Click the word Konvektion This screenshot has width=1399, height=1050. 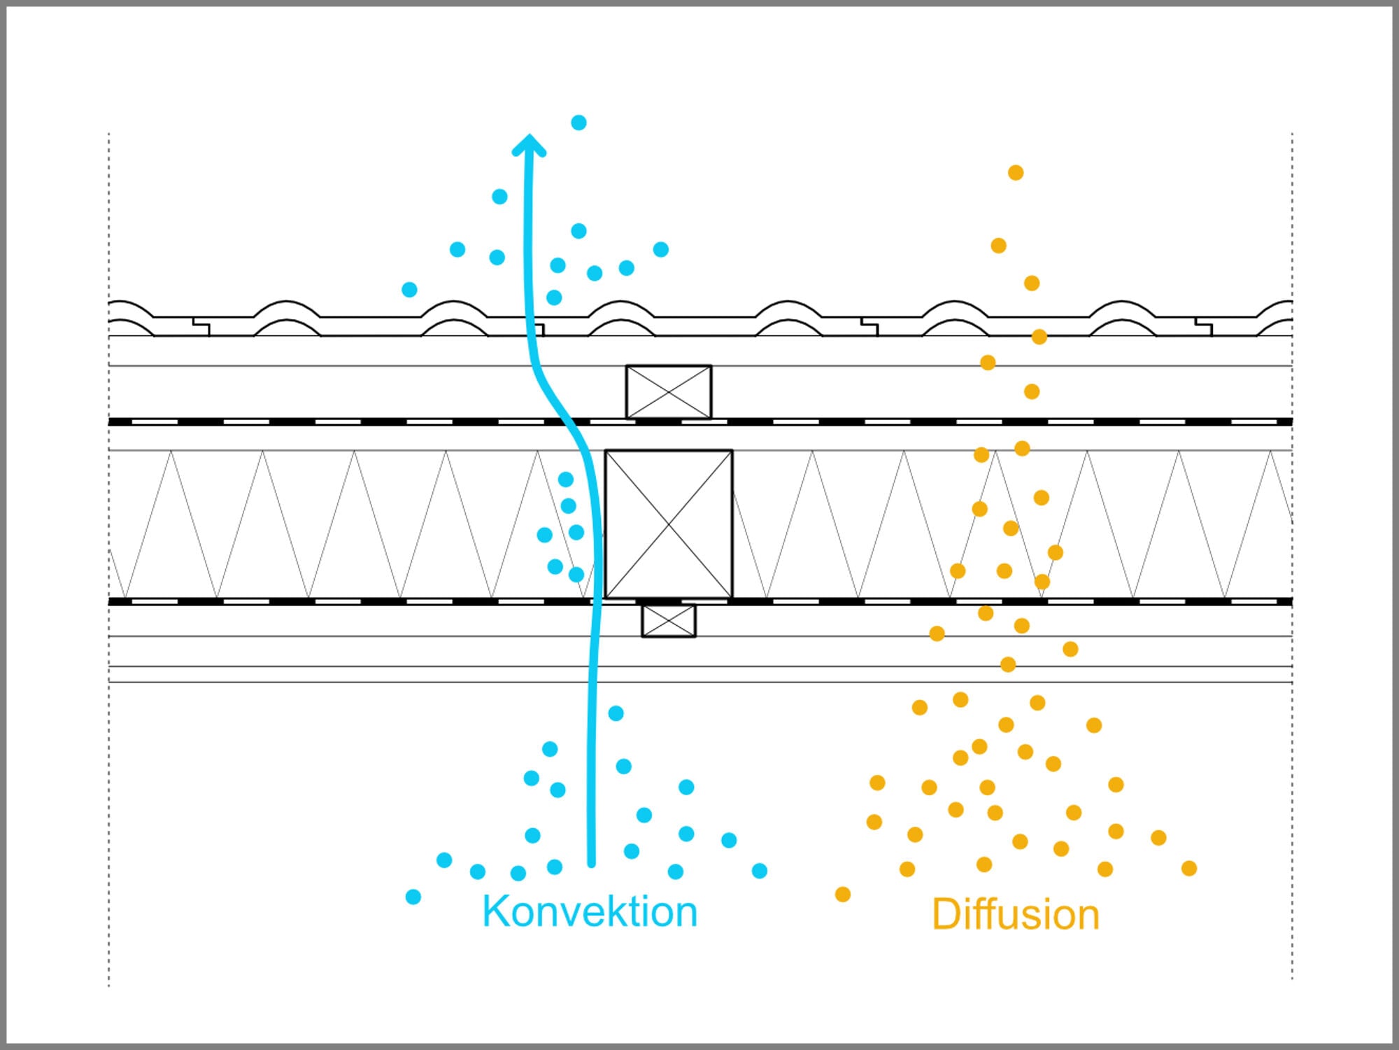click(590, 911)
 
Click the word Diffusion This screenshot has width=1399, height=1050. click(1016, 914)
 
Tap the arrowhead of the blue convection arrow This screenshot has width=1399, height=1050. click(530, 145)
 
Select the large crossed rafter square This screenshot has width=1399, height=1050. click(669, 524)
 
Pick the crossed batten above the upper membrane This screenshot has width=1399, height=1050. click(669, 392)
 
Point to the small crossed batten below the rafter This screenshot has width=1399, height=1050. click(669, 621)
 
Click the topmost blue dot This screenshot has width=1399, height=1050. click(578, 122)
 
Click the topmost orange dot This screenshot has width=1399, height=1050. click(1016, 172)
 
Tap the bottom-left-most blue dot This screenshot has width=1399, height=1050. click(413, 897)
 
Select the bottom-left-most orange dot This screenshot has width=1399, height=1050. click(843, 894)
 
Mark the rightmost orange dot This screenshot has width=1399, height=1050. click(1189, 869)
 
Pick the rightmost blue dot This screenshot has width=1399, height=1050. click(760, 871)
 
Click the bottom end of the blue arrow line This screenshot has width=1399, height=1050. click(592, 865)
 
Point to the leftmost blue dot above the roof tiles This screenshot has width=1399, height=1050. click(409, 289)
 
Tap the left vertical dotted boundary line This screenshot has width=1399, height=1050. click(108, 560)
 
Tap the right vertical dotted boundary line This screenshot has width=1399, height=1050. click(1292, 556)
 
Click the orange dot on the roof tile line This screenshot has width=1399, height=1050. click(1039, 337)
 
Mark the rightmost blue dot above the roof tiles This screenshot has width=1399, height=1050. click(661, 249)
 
